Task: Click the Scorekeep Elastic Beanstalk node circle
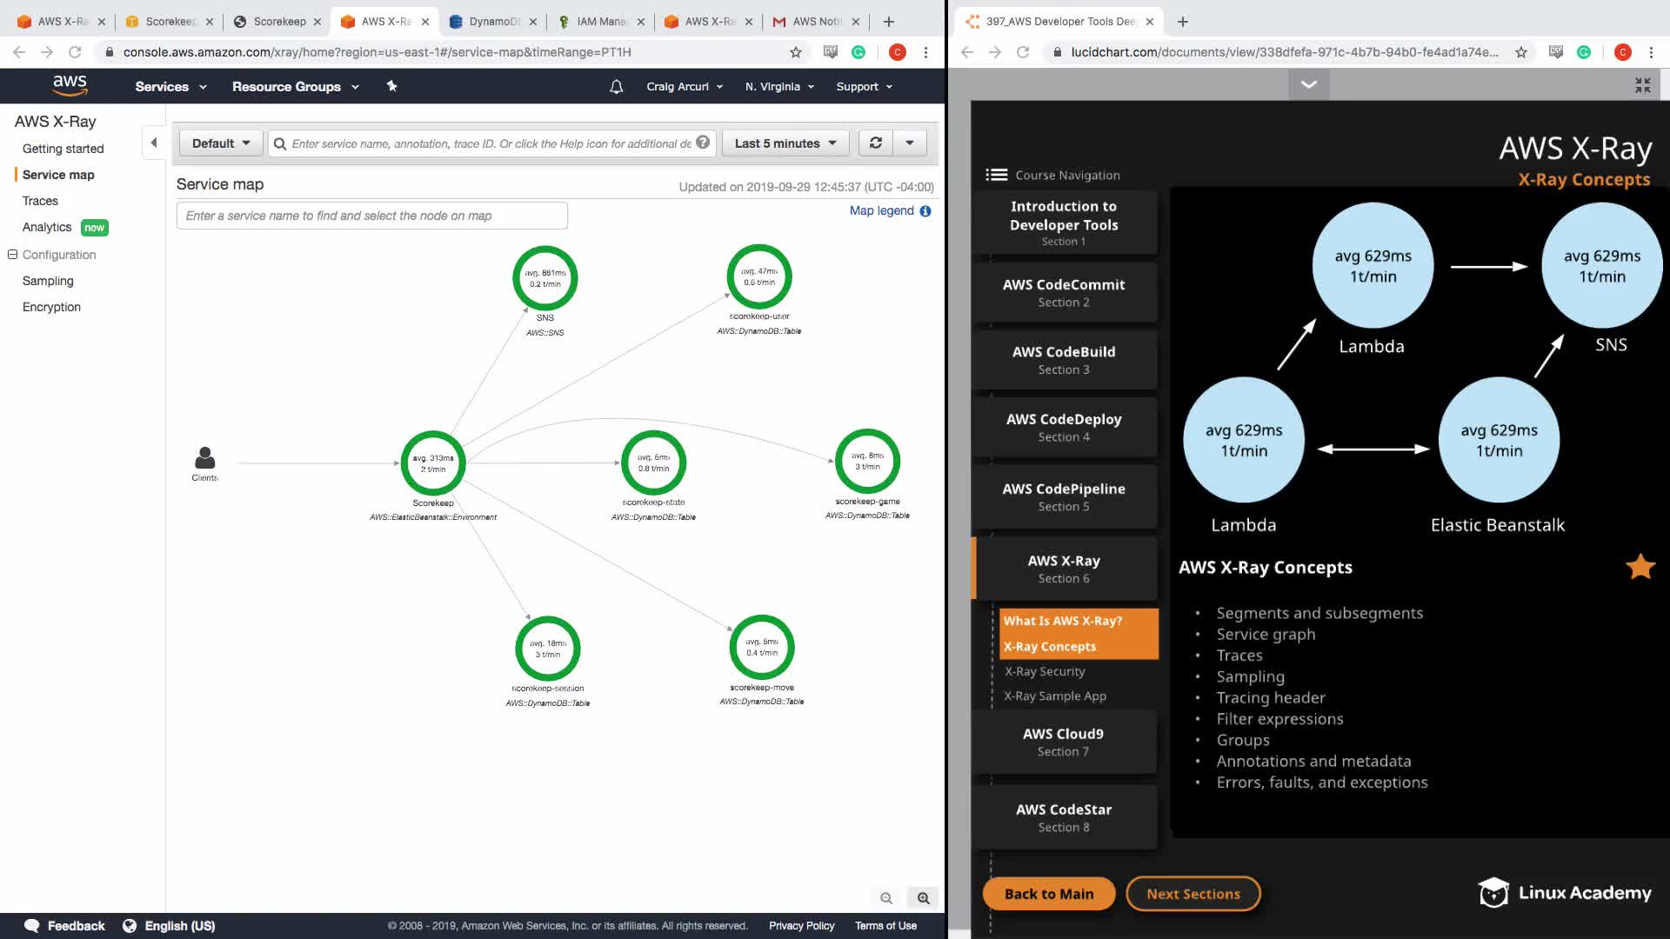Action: [433, 463]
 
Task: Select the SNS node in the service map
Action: [545, 278]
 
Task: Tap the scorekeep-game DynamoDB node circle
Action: [867, 461]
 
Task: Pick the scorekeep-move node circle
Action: [761, 648]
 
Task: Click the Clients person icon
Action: [205, 458]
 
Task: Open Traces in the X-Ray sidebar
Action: [40, 201]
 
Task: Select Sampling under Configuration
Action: [48, 281]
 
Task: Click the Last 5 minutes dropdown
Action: [785, 143]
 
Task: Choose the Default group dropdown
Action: [221, 143]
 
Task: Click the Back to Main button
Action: [1048, 894]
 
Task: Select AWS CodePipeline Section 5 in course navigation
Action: [1064, 496]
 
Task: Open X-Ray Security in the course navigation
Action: [1045, 671]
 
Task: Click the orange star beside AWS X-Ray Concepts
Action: [1640, 567]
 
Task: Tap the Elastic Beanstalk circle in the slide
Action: [1499, 440]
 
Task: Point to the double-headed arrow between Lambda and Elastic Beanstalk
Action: [1373, 449]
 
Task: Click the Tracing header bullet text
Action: [1271, 697]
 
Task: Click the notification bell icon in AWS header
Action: [616, 87]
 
